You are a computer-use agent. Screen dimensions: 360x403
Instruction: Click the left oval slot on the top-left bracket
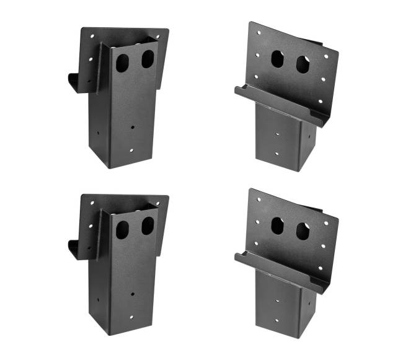(x=122, y=63)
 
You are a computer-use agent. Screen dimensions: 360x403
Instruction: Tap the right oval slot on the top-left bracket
(x=147, y=59)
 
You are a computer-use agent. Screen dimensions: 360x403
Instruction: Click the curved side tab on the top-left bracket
(x=75, y=82)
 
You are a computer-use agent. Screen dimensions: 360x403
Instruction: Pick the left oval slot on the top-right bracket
(x=277, y=59)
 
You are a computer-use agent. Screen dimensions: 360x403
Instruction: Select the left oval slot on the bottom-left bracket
(x=122, y=230)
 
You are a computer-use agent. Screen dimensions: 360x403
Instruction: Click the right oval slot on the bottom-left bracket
(x=147, y=226)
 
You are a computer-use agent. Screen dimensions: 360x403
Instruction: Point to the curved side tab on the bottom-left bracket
(x=75, y=249)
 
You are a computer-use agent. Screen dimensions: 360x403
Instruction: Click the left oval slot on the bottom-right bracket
(x=277, y=226)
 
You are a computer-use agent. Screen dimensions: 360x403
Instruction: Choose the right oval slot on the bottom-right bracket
(x=303, y=232)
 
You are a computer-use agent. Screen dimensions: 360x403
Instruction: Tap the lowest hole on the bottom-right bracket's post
(x=277, y=323)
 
